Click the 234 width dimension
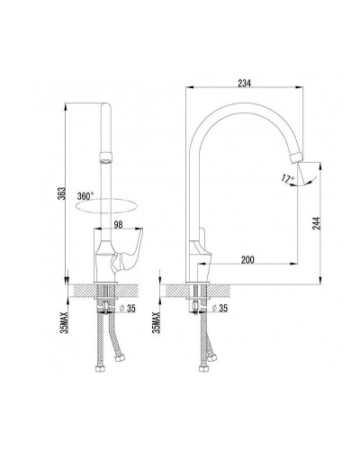[x=244, y=84]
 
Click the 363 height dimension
[x=61, y=194]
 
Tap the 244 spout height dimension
[x=317, y=223]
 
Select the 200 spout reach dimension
[x=247, y=260]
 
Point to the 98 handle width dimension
[x=119, y=225]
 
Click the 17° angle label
[x=288, y=178]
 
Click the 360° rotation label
[x=85, y=196]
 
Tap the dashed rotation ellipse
[x=107, y=206]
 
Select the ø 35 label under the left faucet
[x=127, y=308]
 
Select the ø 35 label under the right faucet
[x=220, y=308]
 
